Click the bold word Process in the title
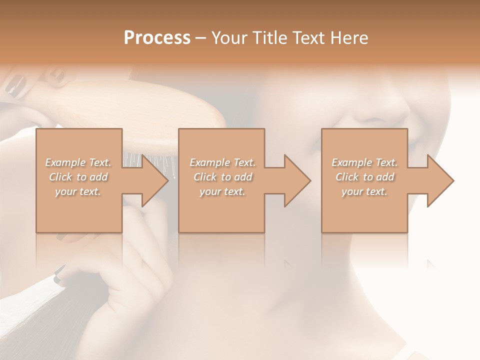(x=157, y=38)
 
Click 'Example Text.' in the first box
(x=78, y=162)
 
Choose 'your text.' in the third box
(x=364, y=191)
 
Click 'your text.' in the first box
(x=78, y=191)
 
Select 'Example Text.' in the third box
(x=364, y=162)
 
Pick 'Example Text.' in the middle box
(x=222, y=162)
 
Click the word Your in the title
(x=228, y=38)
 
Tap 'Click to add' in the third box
(x=365, y=177)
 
